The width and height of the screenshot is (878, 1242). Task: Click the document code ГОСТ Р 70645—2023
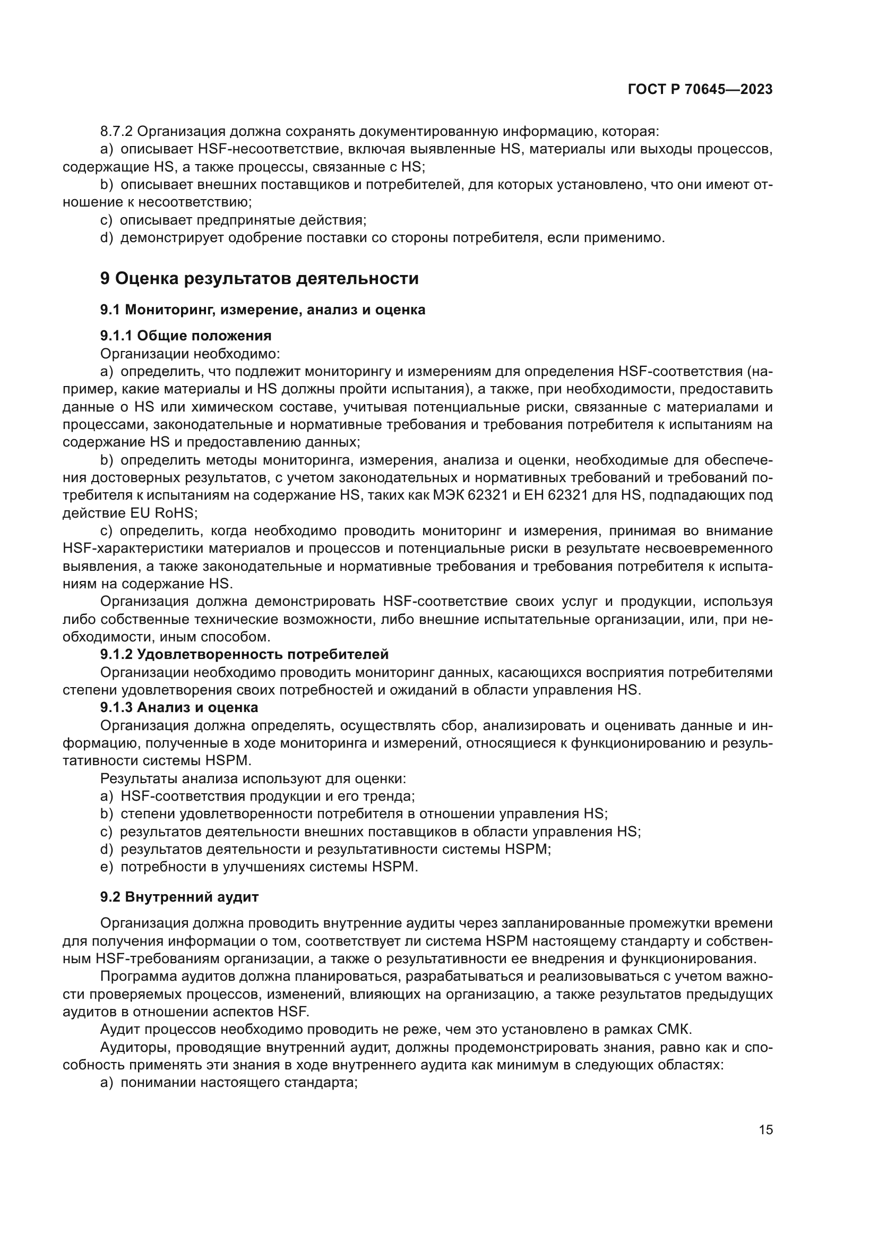click(x=700, y=90)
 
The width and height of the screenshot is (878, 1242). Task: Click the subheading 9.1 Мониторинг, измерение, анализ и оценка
click(x=262, y=310)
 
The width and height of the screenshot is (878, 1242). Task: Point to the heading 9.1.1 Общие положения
click(x=185, y=336)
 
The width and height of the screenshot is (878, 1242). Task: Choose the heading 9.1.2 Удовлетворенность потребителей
click(x=244, y=654)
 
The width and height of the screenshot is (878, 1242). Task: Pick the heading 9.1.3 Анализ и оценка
click(x=179, y=707)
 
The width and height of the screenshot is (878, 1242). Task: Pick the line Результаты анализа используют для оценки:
click(x=253, y=778)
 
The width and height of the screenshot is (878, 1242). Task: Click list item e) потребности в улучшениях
click(x=260, y=867)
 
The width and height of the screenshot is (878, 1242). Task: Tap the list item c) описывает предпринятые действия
click(x=234, y=220)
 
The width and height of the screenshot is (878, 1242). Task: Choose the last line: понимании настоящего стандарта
click(x=229, y=1082)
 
